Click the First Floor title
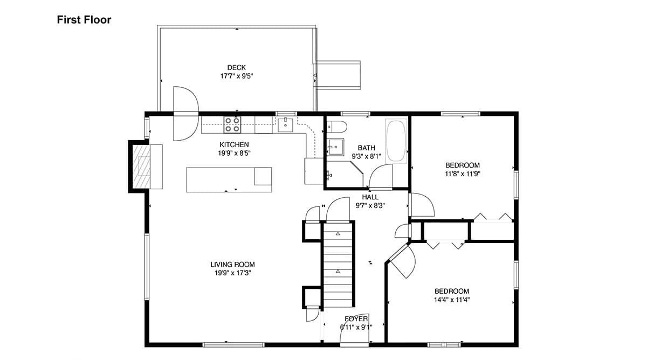[84, 19]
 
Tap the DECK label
[237, 67]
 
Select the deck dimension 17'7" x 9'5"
[237, 76]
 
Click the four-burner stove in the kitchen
[232, 124]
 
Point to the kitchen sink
[285, 125]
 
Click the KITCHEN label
[234, 144]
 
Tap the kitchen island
[229, 179]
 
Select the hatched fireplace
[141, 167]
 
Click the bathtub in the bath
[396, 141]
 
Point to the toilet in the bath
[337, 127]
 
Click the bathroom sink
[335, 147]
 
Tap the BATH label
[367, 148]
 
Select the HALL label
[370, 197]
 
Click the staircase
[338, 265]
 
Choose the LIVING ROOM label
[232, 265]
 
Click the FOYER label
[356, 319]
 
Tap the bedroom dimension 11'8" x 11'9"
[463, 174]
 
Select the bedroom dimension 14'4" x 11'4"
[452, 300]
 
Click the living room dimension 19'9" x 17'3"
[232, 273]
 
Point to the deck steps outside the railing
[338, 75]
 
